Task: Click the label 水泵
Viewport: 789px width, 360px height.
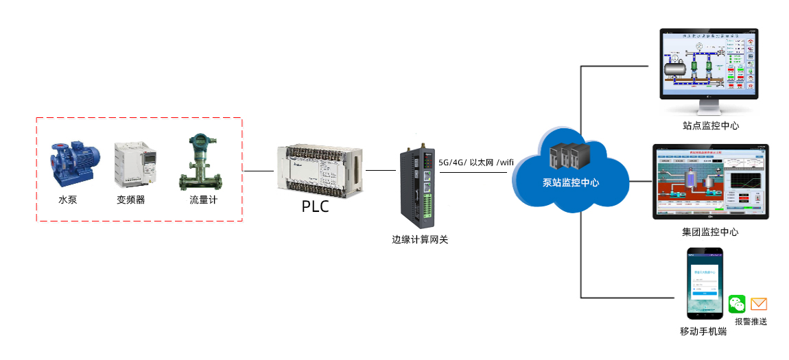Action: (67, 200)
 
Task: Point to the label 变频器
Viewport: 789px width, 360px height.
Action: (130, 200)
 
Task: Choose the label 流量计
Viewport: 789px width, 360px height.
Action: (204, 200)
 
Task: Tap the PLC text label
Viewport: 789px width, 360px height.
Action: (316, 206)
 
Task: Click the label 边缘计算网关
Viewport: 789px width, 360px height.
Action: (420, 240)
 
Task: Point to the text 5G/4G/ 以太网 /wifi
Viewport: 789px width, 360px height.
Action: (476, 162)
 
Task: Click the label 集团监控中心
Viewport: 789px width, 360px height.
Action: (710, 232)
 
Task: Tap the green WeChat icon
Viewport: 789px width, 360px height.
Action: (737, 304)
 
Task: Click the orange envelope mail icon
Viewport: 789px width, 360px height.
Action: (758, 304)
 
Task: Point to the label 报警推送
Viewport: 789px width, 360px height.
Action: (751, 321)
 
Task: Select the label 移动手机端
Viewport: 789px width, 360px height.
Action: (703, 331)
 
